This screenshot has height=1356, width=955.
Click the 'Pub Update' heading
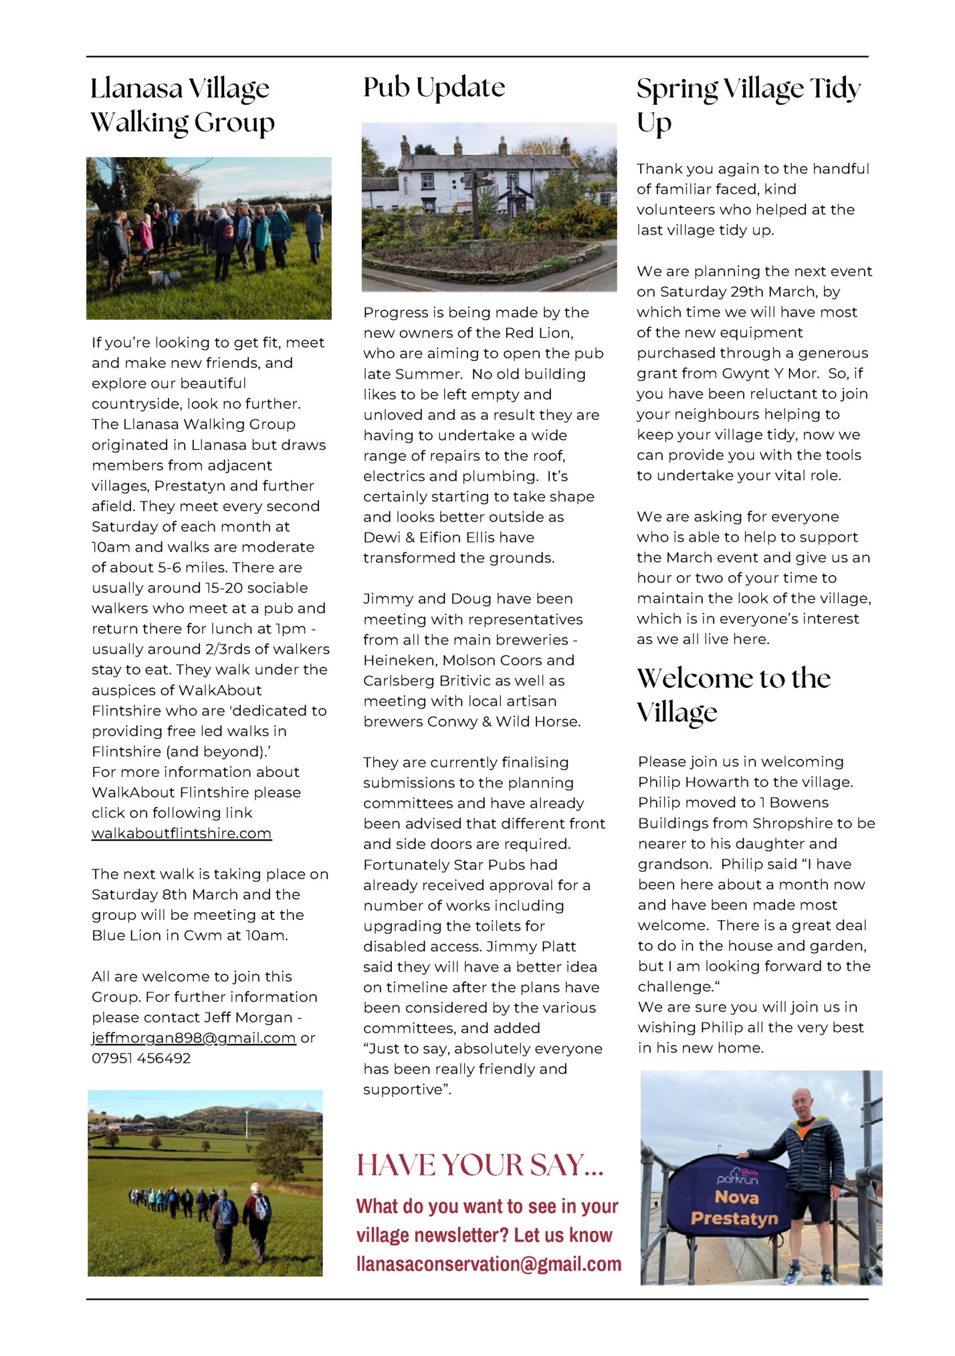(x=434, y=88)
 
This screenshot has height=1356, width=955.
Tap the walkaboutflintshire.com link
(x=181, y=834)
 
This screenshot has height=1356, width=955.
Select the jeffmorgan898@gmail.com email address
(x=193, y=1038)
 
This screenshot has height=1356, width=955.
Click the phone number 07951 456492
(x=141, y=1058)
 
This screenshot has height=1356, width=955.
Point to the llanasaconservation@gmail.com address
(x=489, y=1264)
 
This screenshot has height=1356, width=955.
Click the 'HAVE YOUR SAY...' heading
(x=480, y=1165)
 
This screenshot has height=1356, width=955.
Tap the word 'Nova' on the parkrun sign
(x=736, y=1197)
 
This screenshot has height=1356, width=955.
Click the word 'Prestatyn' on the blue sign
(x=734, y=1218)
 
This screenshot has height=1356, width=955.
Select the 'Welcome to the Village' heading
(x=733, y=695)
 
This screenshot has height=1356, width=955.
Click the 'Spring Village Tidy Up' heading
(x=748, y=105)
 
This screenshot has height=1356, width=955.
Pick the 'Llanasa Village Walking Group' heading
(x=182, y=105)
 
